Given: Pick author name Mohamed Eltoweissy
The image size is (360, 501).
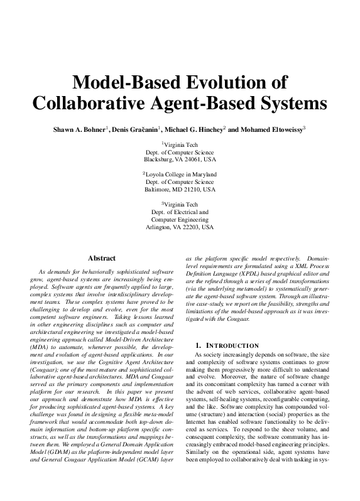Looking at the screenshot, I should (x=272, y=130).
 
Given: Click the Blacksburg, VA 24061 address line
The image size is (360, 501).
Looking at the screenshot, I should (x=180, y=160).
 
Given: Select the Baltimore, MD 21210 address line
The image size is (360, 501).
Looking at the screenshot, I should (x=180, y=189).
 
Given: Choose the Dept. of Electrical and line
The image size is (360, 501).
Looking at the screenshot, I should (x=180, y=212).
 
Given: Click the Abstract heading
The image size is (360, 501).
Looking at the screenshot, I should (x=101, y=258).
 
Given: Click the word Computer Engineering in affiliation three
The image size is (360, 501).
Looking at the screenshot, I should (x=180, y=220).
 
